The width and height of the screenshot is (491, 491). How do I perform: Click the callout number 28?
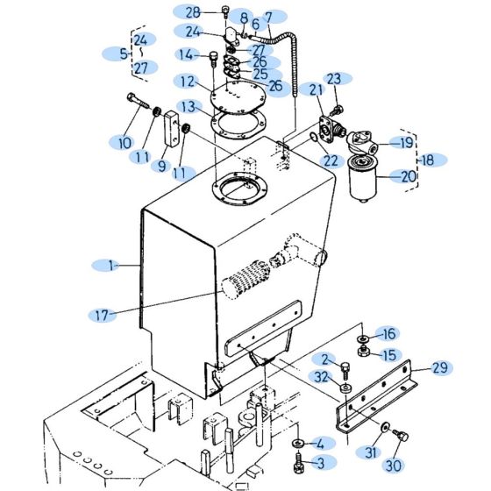192,11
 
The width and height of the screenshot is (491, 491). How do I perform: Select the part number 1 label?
111,264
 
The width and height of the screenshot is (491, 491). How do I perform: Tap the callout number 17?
102,313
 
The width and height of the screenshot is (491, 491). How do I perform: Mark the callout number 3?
319,462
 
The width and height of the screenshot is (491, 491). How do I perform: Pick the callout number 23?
334,79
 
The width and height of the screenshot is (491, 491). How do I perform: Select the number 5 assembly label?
124,53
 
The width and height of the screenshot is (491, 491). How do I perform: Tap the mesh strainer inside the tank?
245,283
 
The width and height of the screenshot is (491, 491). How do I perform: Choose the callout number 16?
387,333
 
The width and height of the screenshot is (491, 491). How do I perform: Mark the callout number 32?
322,378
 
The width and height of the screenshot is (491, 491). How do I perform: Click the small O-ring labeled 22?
314,139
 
